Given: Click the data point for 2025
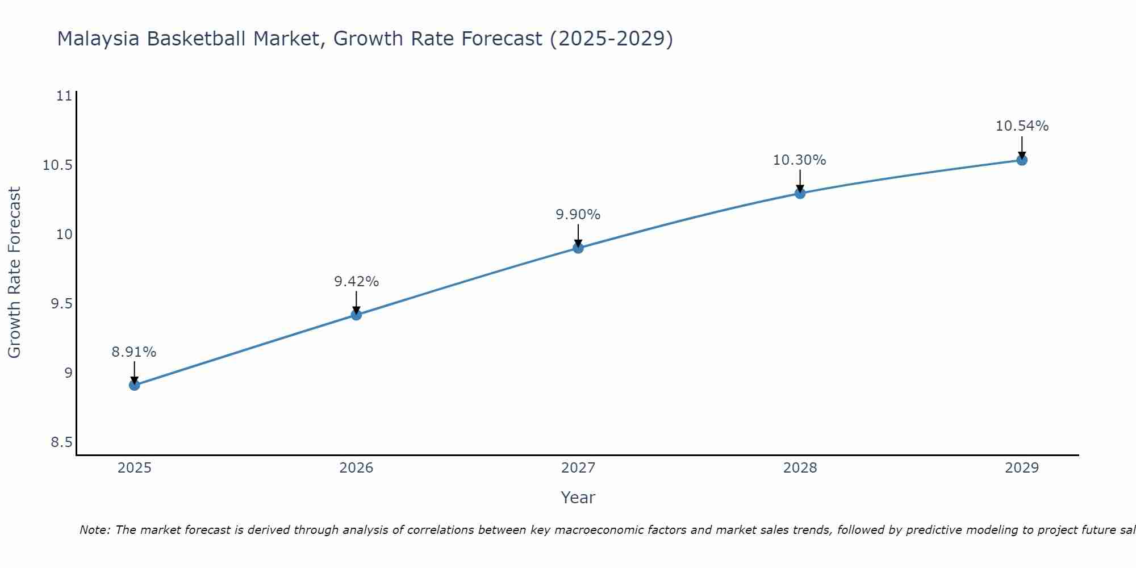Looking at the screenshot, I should pos(134,385).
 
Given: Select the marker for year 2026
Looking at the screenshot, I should pos(356,315).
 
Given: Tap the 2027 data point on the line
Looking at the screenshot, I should pos(578,248).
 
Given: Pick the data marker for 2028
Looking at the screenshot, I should pos(800,193).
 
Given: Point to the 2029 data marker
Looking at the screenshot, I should pos(1022,160).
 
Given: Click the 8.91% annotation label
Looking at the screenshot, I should pos(134,352).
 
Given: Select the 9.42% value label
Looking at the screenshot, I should pos(356,282).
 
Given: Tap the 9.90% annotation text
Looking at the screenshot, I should pos(578,215).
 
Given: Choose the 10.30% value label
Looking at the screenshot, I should pos(800,160).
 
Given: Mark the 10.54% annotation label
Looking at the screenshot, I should pos(1022,126).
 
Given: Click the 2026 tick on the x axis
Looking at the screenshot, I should pos(356,468).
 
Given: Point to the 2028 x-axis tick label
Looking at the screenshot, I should pos(800,468).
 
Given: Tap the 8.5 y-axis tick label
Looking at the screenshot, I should pos(61,442).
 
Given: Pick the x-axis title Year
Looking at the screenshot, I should pos(578,498).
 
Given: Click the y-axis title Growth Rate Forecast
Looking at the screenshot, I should pos(14,273).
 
